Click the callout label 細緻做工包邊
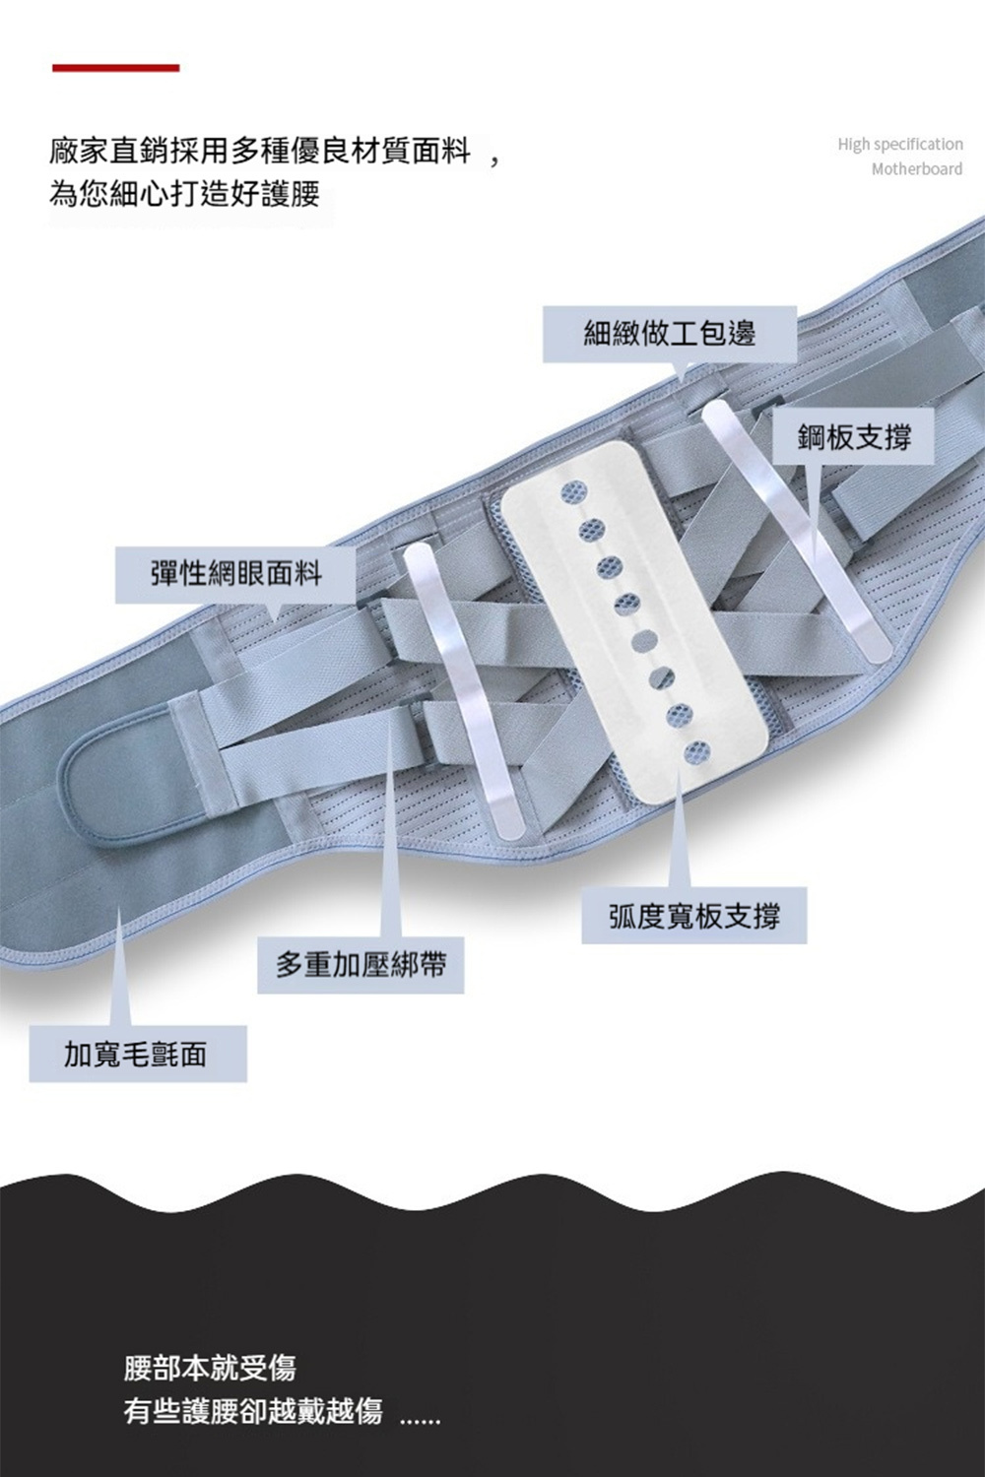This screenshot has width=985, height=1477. click(x=670, y=334)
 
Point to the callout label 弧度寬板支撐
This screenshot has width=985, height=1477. click(x=693, y=917)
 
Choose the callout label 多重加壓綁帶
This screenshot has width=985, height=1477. click(x=361, y=965)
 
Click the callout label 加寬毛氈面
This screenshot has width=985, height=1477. click(x=137, y=1055)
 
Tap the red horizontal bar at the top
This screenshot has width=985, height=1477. click(x=115, y=68)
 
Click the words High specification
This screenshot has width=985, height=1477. click(x=899, y=145)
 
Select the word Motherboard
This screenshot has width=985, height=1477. click(x=916, y=169)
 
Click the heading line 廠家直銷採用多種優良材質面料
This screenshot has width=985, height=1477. click(x=261, y=153)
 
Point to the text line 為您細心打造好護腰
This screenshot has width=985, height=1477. click(x=184, y=193)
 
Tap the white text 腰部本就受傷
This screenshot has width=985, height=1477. click(x=209, y=1367)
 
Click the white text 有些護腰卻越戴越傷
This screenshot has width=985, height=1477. click(x=252, y=1410)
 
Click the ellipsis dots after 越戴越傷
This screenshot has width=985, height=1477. click(x=421, y=1419)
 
